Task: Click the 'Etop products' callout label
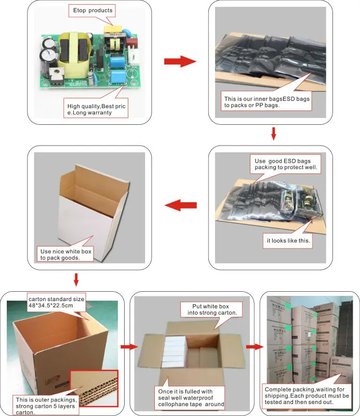[x=92, y=10]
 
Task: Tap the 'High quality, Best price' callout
[x=96, y=109]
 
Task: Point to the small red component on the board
[x=131, y=42]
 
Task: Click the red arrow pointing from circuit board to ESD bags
[x=180, y=61]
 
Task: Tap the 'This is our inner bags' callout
[x=266, y=101]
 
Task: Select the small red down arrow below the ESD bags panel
[x=274, y=134]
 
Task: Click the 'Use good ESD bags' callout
[x=286, y=164]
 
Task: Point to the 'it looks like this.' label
[x=288, y=241]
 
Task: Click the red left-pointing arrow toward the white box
[x=181, y=205]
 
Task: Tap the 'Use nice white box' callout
[x=65, y=254]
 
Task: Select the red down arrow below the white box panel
[x=76, y=280]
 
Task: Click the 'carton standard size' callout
[x=56, y=302]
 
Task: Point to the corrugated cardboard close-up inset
[x=94, y=388]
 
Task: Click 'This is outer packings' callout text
[x=46, y=406]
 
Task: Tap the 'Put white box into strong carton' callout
[x=211, y=309]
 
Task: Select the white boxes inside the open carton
[x=174, y=352]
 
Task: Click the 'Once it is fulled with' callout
[x=190, y=397]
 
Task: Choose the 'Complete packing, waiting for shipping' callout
[x=307, y=396]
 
